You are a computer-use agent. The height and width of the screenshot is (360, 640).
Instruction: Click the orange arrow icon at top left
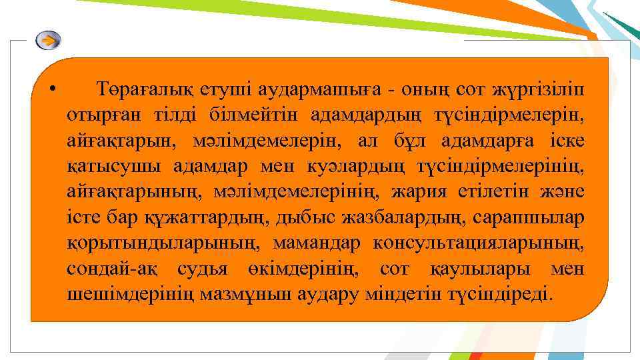(48, 41)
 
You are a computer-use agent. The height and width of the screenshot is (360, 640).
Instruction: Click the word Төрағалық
(137, 89)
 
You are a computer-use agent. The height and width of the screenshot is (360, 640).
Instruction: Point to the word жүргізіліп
(541, 89)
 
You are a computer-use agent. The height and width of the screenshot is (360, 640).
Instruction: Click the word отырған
(99, 114)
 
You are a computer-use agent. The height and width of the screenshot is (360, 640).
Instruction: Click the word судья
(203, 269)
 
